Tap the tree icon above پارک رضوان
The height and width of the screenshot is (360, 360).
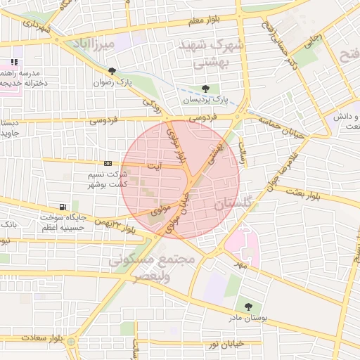pyautogui.click(x=112, y=70)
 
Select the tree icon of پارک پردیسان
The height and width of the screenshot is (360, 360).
pyautogui.click(x=205, y=89)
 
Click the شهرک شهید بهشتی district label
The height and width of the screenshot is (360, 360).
pyautogui.click(x=210, y=53)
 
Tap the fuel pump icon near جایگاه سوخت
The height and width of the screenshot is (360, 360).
pyautogui.click(x=64, y=207)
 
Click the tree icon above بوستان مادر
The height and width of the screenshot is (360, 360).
pyautogui.click(x=248, y=306)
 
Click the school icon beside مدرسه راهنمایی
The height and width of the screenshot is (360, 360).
pyautogui.click(x=14, y=63)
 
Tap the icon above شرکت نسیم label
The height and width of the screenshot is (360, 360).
pyautogui.click(x=108, y=163)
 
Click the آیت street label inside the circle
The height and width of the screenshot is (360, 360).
pyautogui.click(x=153, y=166)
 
